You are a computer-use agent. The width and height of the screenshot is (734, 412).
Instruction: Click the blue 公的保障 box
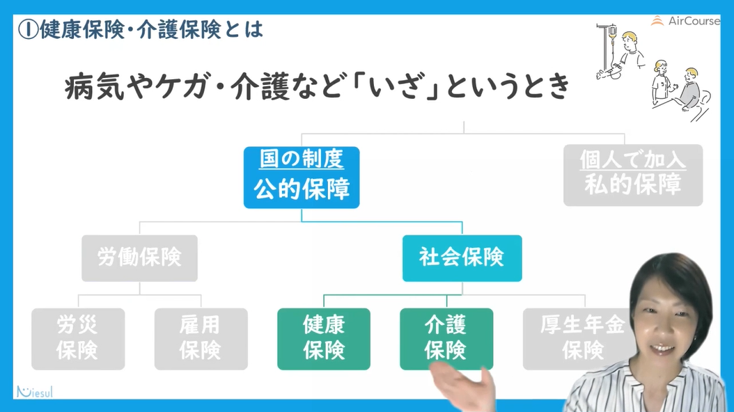click(302, 177)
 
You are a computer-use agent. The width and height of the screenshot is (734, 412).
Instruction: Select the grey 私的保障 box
click(633, 175)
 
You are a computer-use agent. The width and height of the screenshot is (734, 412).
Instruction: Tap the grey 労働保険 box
click(139, 258)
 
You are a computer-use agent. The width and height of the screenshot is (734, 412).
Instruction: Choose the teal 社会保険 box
click(462, 258)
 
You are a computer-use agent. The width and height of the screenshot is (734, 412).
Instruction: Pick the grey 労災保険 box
click(78, 339)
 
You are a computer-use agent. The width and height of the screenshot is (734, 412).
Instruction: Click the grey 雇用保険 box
click(201, 339)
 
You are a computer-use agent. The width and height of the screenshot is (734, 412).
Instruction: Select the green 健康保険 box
click(324, 339)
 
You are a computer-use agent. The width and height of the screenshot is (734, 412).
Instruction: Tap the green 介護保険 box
click(446, 339)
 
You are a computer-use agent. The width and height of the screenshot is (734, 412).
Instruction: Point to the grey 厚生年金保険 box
click(581, 339)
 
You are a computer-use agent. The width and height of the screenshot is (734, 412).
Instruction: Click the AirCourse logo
click(685, 21)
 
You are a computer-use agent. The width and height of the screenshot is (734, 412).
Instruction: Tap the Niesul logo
click(35, 392)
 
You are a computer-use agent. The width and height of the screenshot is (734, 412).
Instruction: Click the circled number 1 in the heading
click(28, 29)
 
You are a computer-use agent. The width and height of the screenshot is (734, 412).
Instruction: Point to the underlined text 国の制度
click(302, 159)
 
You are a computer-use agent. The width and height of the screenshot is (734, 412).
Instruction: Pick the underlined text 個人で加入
click(633, 159)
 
